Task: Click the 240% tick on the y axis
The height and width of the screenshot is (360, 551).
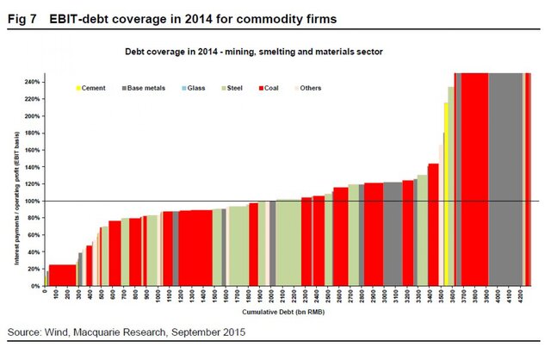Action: (34, 83)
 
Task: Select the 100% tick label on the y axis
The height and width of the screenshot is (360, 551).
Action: (34, 202)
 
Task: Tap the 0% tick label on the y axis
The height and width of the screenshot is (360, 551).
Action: (37, 286)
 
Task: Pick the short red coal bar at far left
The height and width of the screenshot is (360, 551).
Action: (63, 275)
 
